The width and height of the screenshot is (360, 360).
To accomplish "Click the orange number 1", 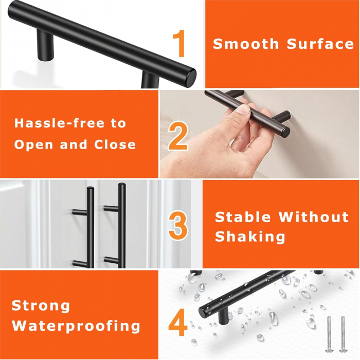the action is pos(179,43).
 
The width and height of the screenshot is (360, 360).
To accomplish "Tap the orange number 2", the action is pos(178,136).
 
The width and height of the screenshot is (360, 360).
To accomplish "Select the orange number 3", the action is pos(178,226).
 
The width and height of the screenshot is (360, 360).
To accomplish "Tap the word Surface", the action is pos(320,44).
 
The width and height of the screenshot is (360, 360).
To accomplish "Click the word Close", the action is pos(115,145).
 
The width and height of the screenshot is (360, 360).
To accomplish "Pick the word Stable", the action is pos(243,217).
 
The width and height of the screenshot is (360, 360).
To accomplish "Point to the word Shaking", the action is pos(250,237).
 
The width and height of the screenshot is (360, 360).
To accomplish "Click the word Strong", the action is pos(41,306).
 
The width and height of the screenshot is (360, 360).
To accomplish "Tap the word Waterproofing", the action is pos(76,326).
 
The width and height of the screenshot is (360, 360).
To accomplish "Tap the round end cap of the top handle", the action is pos(191,78).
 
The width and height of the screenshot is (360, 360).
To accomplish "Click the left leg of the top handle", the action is pos(45,46).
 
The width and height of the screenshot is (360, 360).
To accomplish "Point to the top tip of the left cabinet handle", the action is pos(91,188).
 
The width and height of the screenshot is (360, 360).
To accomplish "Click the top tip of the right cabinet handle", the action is pos(122,184).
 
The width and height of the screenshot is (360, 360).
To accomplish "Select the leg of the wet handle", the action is pos(223,316).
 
